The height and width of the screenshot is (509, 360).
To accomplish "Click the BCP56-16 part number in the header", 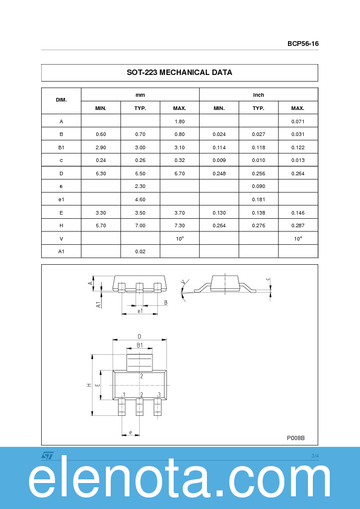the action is click(303, 44).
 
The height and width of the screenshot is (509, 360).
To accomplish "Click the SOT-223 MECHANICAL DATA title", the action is click(179, 73).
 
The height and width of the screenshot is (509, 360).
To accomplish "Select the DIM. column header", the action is click(61, 100).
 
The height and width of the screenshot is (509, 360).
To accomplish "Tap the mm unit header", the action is click(140, 95).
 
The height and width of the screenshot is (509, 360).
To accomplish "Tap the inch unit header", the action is click(258, 95).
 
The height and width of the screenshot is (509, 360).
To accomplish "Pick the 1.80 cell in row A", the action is click(179, 122).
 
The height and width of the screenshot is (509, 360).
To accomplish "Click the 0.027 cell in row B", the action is click(258, 134).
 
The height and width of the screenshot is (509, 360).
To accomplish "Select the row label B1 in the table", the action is click(61, 148).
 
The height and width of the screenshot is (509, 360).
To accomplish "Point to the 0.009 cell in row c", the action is click(219, 161).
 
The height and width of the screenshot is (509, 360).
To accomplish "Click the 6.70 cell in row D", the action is click(179, 173).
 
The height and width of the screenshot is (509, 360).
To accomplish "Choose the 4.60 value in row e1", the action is click(140, 199).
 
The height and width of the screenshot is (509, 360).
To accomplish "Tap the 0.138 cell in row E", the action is click(258, 213).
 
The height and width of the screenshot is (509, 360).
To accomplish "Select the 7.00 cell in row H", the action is click(140, 225).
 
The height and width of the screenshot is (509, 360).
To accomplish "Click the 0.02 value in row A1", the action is click(140, 251).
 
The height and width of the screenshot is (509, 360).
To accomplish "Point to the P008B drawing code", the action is click(295, 438).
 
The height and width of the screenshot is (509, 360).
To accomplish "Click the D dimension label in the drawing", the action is click(139, 337).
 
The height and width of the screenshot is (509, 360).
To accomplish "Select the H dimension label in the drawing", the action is click(89, 385).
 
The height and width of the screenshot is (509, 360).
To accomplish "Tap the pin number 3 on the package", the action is click(159, 395).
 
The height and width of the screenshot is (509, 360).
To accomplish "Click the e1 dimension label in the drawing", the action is click(140, 311).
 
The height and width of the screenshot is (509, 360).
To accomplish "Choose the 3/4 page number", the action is click(315, 455).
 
